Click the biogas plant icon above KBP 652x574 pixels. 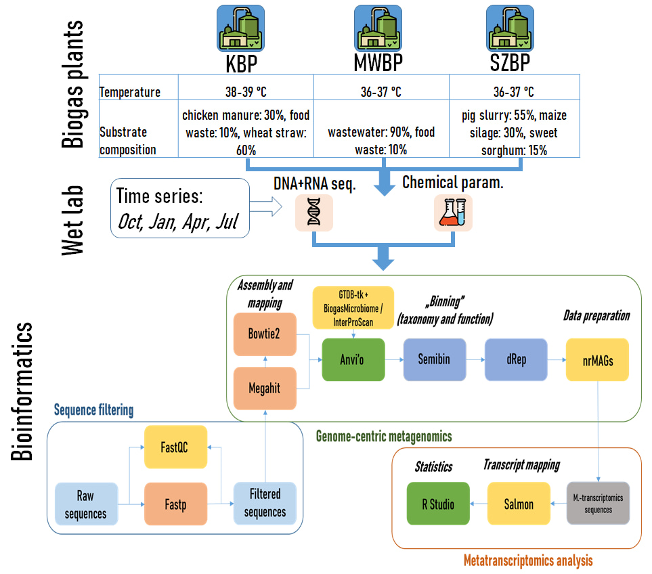tap(240, 28)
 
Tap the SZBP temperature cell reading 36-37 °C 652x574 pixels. tap(513, 92)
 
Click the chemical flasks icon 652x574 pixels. tap(452, 213)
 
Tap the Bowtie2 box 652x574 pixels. tap(265, 334)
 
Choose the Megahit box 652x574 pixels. tap(265, 389)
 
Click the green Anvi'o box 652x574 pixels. tap(352, 359)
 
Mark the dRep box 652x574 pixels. tap(515, 359)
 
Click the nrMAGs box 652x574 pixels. tap(599, 359)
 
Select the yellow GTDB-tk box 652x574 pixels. tap(352, 307)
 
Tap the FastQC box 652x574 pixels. tap(175, 447)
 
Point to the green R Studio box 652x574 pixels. tap(438, 504)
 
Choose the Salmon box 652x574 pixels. tap(519, 504)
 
